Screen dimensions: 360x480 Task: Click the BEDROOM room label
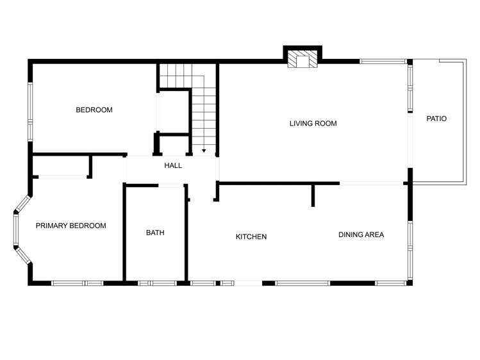point(94,110)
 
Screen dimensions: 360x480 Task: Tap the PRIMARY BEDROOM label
point(70,225)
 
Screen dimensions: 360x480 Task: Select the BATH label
point(155,233)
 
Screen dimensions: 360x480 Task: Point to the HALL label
point(173,165)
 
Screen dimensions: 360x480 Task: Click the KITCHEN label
point(251,237)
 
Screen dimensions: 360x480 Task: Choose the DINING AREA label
point(361,234)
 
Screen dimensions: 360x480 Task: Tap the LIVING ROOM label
point(313,124)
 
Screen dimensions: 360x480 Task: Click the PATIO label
point(436,119)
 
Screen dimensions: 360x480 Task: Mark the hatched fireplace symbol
point(301,60)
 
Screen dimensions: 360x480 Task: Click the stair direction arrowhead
point(204,151)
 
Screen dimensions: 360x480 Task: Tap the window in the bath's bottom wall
point(156,282)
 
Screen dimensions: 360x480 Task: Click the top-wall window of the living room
point(383,61)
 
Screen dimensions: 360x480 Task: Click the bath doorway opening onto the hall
point(172,186)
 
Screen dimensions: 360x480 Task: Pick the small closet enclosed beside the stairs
point(172,112)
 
